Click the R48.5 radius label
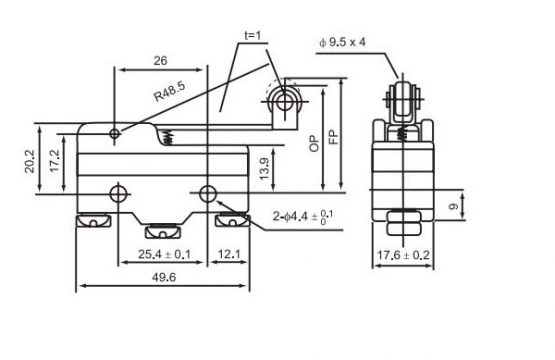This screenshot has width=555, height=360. point(170,91)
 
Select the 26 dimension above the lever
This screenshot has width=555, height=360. point(160,61)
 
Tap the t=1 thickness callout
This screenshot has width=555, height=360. point(252,35)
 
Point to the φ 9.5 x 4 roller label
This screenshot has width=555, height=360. point(342,42)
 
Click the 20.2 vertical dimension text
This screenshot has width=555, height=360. point(30,161)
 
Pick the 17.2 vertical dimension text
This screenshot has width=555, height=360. point(55,161)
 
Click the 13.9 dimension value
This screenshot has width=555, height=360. point(264,168)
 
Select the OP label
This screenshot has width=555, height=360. point(314,143)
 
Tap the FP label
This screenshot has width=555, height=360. point(333,137)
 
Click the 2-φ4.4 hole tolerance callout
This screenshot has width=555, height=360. point(303,216)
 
